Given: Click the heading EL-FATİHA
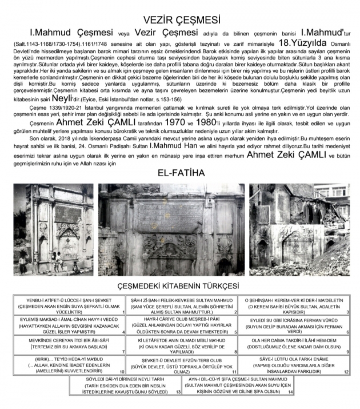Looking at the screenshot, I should (181, 172).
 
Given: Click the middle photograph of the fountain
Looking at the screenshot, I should (171, 229).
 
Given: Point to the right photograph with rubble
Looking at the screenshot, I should (299, 229).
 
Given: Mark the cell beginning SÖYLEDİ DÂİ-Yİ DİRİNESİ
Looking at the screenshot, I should (125, 386).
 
